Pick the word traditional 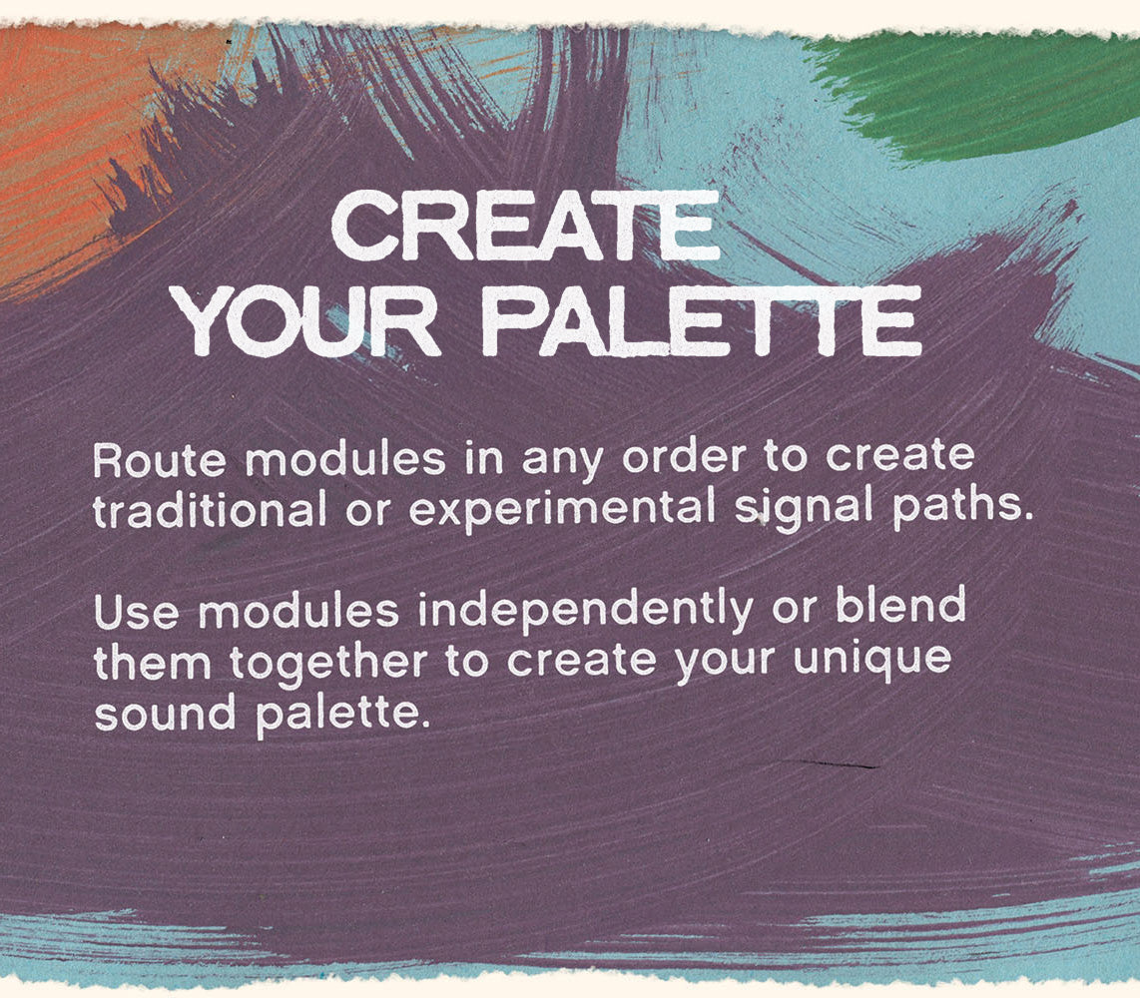point(210,510)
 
